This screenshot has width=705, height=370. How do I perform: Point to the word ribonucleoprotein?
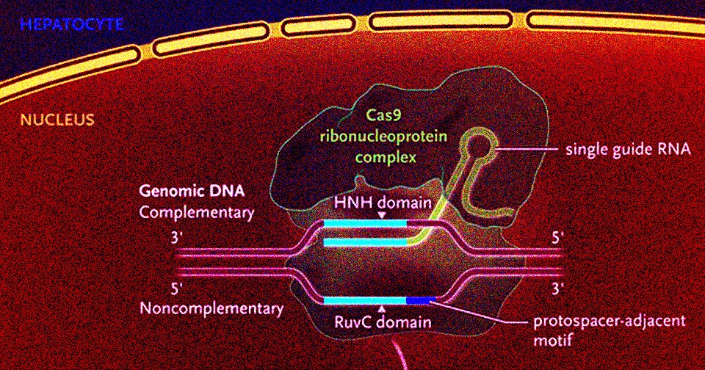click(x=385, y=136)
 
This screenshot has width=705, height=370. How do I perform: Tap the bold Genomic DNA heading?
click(x=193, y=193)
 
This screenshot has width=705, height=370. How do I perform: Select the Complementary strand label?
click(x=196, y=213)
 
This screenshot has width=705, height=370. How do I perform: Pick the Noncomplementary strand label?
click(x=211, y=308)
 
